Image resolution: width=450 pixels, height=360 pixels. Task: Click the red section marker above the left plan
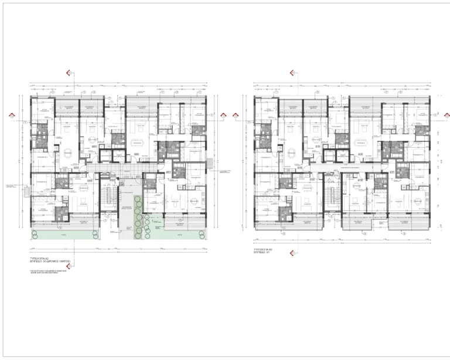pyautogui.click(x=69, y=73)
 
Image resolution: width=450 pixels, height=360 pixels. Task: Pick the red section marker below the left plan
pyautogui.click(x=69, y=252)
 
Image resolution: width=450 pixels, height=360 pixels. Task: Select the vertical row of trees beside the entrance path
pyautogui.click(x=138, y=217)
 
